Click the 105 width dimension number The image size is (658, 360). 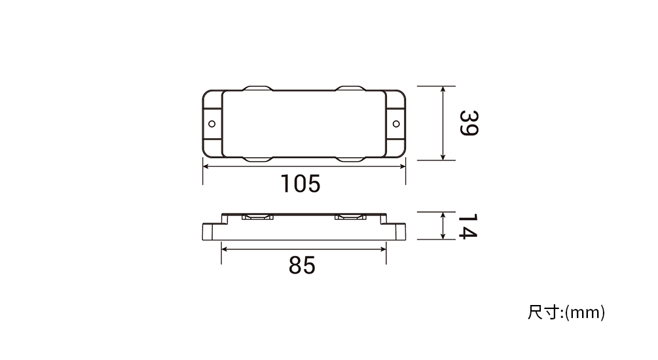tap(301, 184)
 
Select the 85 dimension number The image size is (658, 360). tap(302, 265)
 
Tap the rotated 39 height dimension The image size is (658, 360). tap(469, 123)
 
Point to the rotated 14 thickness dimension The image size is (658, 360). tap(468, 226)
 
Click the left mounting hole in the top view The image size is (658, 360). tap(212, 124)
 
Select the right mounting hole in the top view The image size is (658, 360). tap(396, 124)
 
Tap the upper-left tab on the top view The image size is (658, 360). tap(258, 88)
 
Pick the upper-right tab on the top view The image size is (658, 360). tap(350, 88)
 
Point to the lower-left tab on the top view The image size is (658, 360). tap(258, 160)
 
